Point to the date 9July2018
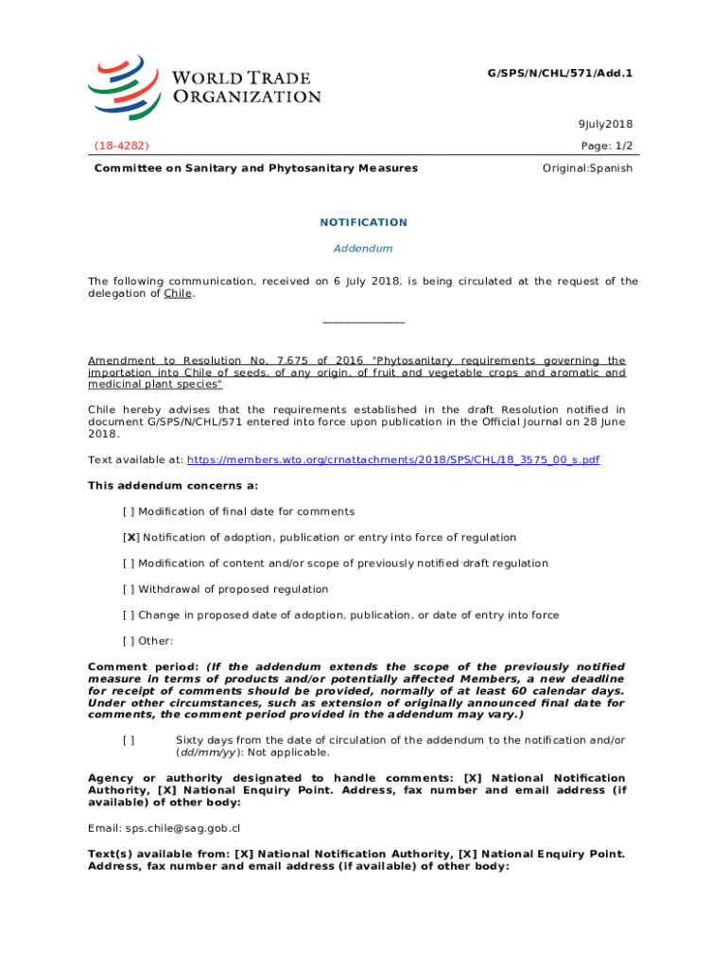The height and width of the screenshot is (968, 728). click(605, 125)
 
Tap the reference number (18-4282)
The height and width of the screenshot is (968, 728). click(121, 146)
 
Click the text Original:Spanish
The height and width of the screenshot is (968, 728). click(587, 168)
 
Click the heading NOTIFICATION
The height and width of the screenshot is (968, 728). click(363, 223)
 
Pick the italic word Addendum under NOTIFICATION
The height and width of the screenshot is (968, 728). click(363, 249)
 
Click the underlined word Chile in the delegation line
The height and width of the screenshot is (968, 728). click(178, 294)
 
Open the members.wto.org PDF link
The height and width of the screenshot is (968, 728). click(393, 460)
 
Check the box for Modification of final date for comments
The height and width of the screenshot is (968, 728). click(129, 512)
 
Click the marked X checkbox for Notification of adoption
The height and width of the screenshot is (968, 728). click(130, 538)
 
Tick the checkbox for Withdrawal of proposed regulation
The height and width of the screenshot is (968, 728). click(129, 590)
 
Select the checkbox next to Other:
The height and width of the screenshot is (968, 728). click(129, 642)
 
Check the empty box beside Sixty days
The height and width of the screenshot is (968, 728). click(129, 740)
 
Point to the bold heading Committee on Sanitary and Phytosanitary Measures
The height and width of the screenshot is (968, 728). click(255, 168)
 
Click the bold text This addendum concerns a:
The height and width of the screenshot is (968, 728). click(172, 486)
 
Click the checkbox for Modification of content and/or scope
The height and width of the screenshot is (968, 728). click(129, 564)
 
